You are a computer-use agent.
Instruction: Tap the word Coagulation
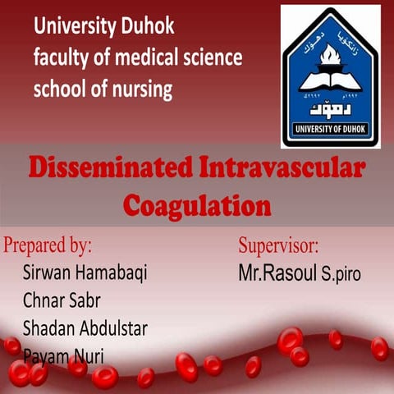[x=197, y=204]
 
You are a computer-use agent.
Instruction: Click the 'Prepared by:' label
[x=48, y=245]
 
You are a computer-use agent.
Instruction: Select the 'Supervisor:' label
[x=278, y=245]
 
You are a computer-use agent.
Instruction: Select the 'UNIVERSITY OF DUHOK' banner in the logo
[x=330, y=128]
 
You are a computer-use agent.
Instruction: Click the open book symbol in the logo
[x=330, y=80]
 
